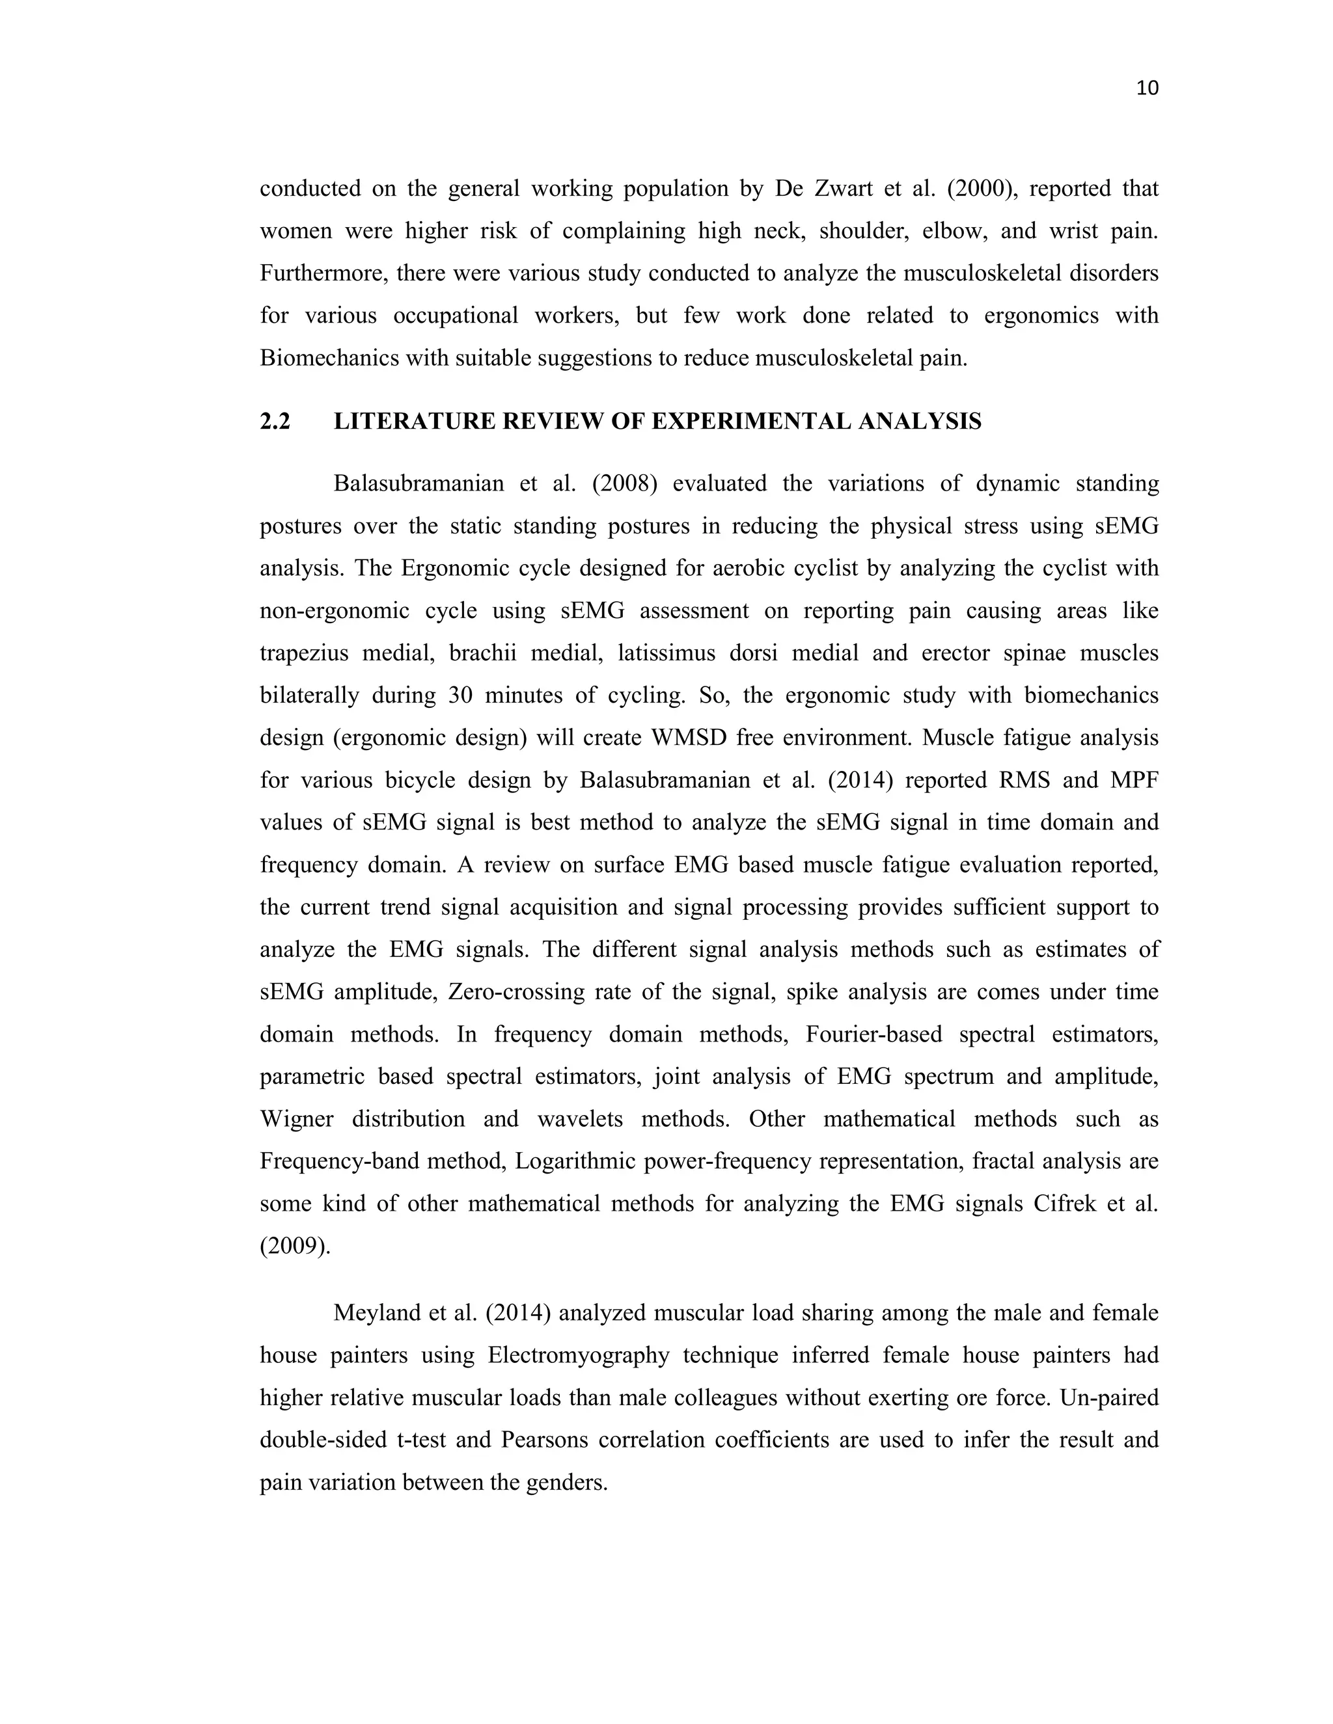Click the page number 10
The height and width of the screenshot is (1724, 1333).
point(1147,88)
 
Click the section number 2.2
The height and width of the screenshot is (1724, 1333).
point(275,422)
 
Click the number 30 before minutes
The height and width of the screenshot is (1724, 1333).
point(461,695)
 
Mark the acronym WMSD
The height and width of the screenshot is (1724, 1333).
point(689,738)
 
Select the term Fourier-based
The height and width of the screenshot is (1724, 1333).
point(873,1034)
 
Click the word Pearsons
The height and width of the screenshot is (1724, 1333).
point(544,1440)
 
